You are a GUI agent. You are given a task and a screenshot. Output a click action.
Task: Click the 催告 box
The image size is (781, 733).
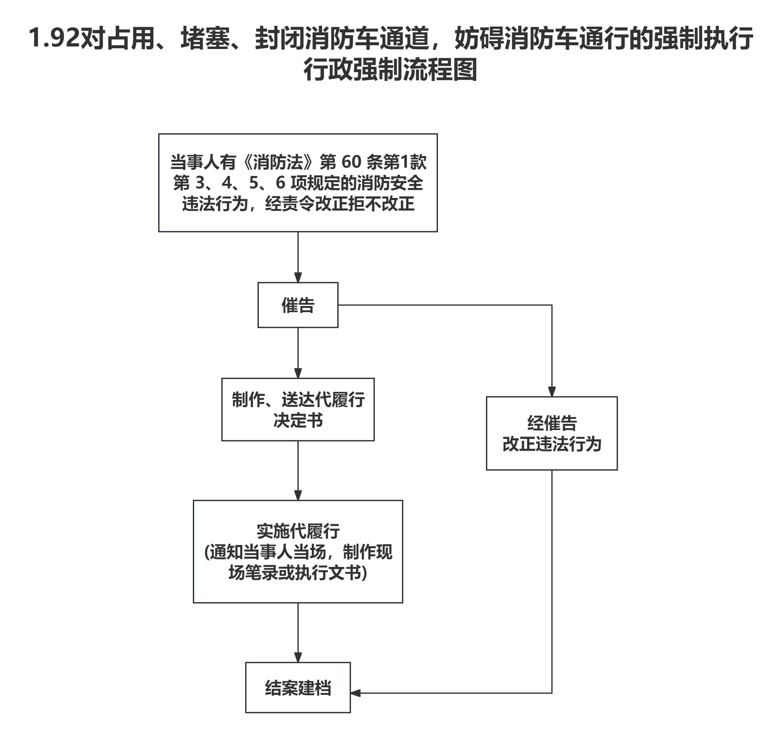click(298, 305)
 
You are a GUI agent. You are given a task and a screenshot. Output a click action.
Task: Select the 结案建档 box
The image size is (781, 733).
click(298, 687)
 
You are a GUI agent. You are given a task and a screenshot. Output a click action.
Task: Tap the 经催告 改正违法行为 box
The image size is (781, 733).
click(552, 433)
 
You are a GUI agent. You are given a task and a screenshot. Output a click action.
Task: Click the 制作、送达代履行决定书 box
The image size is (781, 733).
click(298, 409)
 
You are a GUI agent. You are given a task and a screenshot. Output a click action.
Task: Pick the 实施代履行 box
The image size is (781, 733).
click(298, 551)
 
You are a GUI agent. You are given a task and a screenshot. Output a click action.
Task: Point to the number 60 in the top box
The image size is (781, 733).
click(351, 162)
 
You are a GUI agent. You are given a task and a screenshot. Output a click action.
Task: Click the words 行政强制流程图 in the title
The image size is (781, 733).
click(390, 70)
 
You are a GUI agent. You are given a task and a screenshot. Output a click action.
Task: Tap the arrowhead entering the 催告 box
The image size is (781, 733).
click(298, 277)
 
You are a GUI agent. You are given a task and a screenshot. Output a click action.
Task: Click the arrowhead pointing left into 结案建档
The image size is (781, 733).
click(356, 693)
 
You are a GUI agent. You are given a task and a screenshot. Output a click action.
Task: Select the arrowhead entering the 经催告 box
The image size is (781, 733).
click(552, 391)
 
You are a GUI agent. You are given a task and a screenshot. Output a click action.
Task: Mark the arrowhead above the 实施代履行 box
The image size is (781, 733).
click(298, 495)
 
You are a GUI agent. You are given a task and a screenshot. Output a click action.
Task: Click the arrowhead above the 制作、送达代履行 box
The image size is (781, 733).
click(298, 373)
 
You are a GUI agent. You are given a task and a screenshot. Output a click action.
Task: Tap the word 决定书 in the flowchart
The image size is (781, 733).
click(298, 420)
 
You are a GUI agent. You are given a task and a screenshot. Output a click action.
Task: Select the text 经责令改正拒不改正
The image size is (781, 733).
click(340, 204)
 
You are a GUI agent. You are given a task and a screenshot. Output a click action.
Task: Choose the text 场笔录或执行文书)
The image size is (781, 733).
click(298, 573)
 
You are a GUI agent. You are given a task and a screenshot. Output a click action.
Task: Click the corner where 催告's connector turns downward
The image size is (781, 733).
click(552, 305)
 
